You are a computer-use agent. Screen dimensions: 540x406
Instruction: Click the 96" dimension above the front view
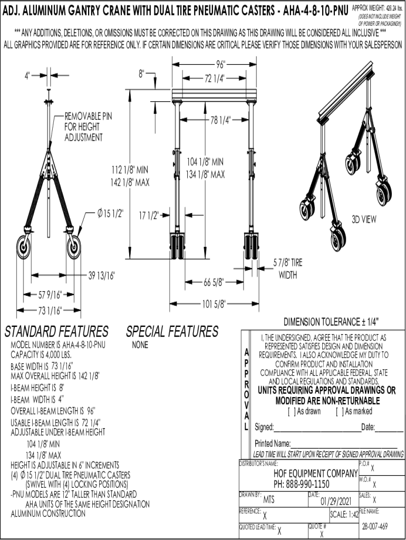point(220,65)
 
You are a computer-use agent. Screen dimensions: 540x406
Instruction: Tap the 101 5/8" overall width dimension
point(214,303)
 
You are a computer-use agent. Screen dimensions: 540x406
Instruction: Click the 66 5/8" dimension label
point(214,282)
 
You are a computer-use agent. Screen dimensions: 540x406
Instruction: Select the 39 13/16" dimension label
point(102,275)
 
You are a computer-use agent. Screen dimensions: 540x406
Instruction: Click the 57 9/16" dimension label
point(51,293)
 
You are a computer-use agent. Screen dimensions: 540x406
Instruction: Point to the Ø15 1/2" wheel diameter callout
point(110,214)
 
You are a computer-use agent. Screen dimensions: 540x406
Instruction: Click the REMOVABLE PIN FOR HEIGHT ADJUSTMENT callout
point(88,127)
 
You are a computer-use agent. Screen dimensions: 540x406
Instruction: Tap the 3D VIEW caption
point(364,220)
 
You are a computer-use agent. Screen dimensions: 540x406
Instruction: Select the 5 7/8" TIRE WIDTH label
point(288,268)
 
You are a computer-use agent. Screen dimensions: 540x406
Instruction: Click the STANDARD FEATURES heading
point(56,332)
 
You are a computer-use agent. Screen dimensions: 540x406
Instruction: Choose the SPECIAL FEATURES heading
point(172,332)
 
